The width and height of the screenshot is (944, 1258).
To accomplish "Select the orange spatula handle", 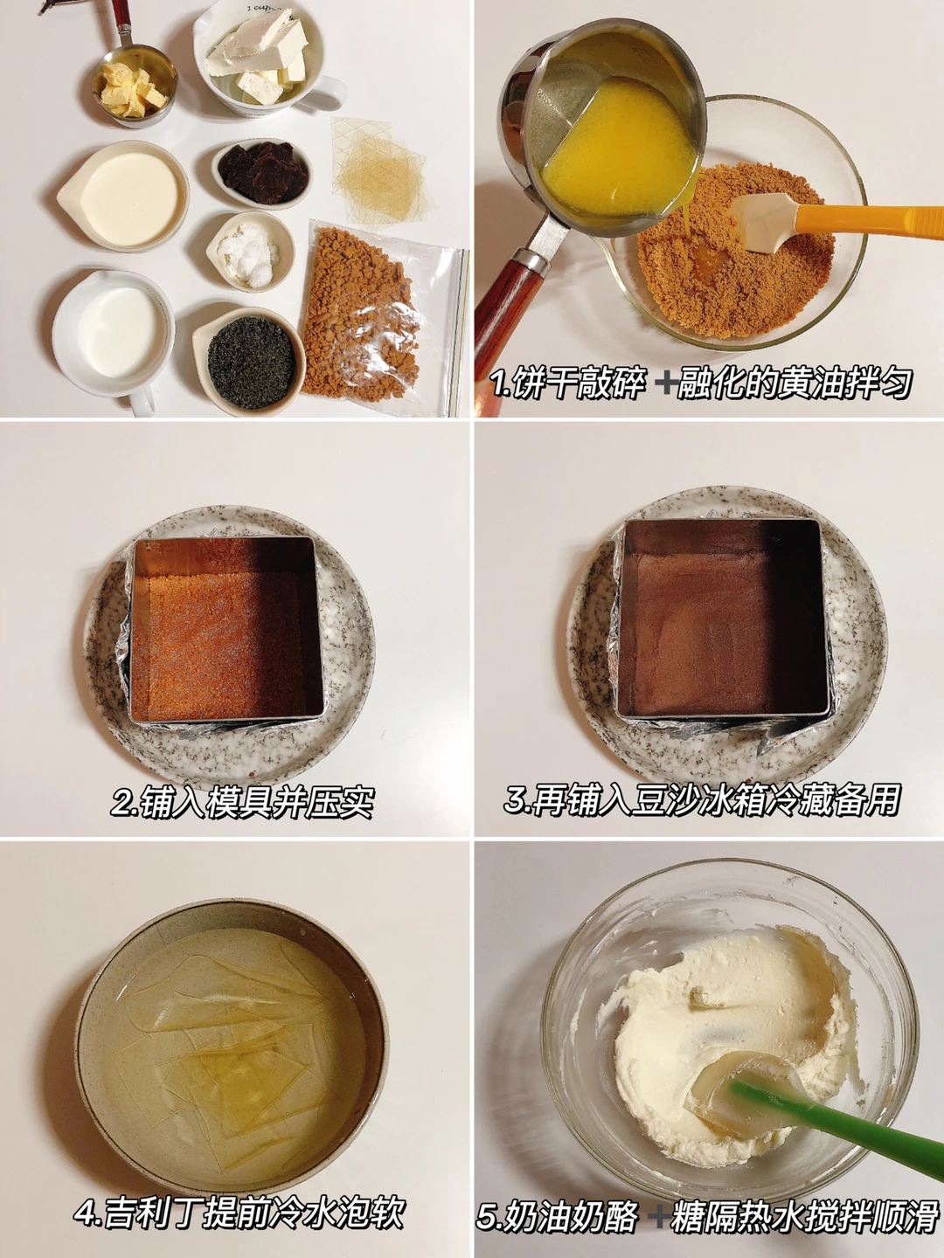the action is pyautogui.click(x=871, y=221).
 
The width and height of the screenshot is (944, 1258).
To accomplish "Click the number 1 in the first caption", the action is pyautogui.click(x=498, y=383).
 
